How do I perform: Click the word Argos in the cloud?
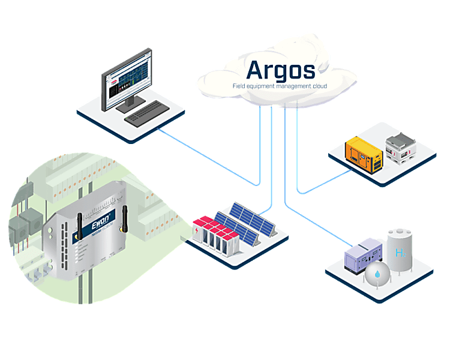pyautogui.click(x=281, y=70)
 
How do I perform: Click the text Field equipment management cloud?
pyautogui.click(x=280, y=86)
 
